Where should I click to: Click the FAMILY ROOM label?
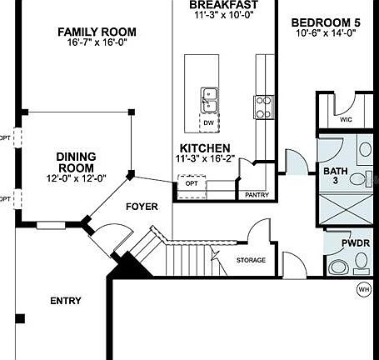point(97,32)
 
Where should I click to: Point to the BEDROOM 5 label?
point(326,22)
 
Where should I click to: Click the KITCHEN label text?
point(204,147)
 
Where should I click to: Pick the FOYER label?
point(142,206)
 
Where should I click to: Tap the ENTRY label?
point(66,301)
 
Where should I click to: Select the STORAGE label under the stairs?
point(251,260)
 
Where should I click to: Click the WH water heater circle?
point(363,289)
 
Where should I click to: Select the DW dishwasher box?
point(208,122)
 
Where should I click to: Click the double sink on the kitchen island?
point(208,100)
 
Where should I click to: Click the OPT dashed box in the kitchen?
point(192,183)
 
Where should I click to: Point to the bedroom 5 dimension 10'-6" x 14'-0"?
point(326,33)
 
